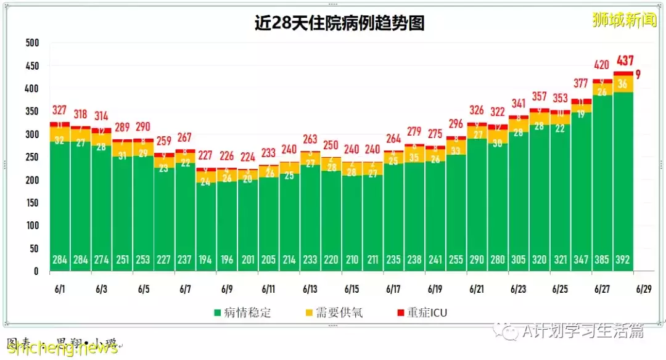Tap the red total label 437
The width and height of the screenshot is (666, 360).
point(623,60)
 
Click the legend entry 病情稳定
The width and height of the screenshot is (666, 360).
point(242,313)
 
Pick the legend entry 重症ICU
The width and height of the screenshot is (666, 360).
point(426,313)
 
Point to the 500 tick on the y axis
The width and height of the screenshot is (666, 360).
point(32,43)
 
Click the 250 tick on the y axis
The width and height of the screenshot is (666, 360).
point(32,157)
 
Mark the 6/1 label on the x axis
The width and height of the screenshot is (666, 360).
point(60,289)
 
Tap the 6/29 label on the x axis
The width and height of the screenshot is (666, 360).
point(644,289)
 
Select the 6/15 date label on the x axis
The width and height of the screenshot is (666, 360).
point(352,289)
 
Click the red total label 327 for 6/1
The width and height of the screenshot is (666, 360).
point(60,110)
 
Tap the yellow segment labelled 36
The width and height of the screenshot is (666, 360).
point(623,84)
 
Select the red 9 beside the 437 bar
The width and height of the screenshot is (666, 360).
point(638,75)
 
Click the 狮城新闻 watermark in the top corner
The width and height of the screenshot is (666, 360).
point(624,20)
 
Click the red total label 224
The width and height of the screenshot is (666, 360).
point(248,157)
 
